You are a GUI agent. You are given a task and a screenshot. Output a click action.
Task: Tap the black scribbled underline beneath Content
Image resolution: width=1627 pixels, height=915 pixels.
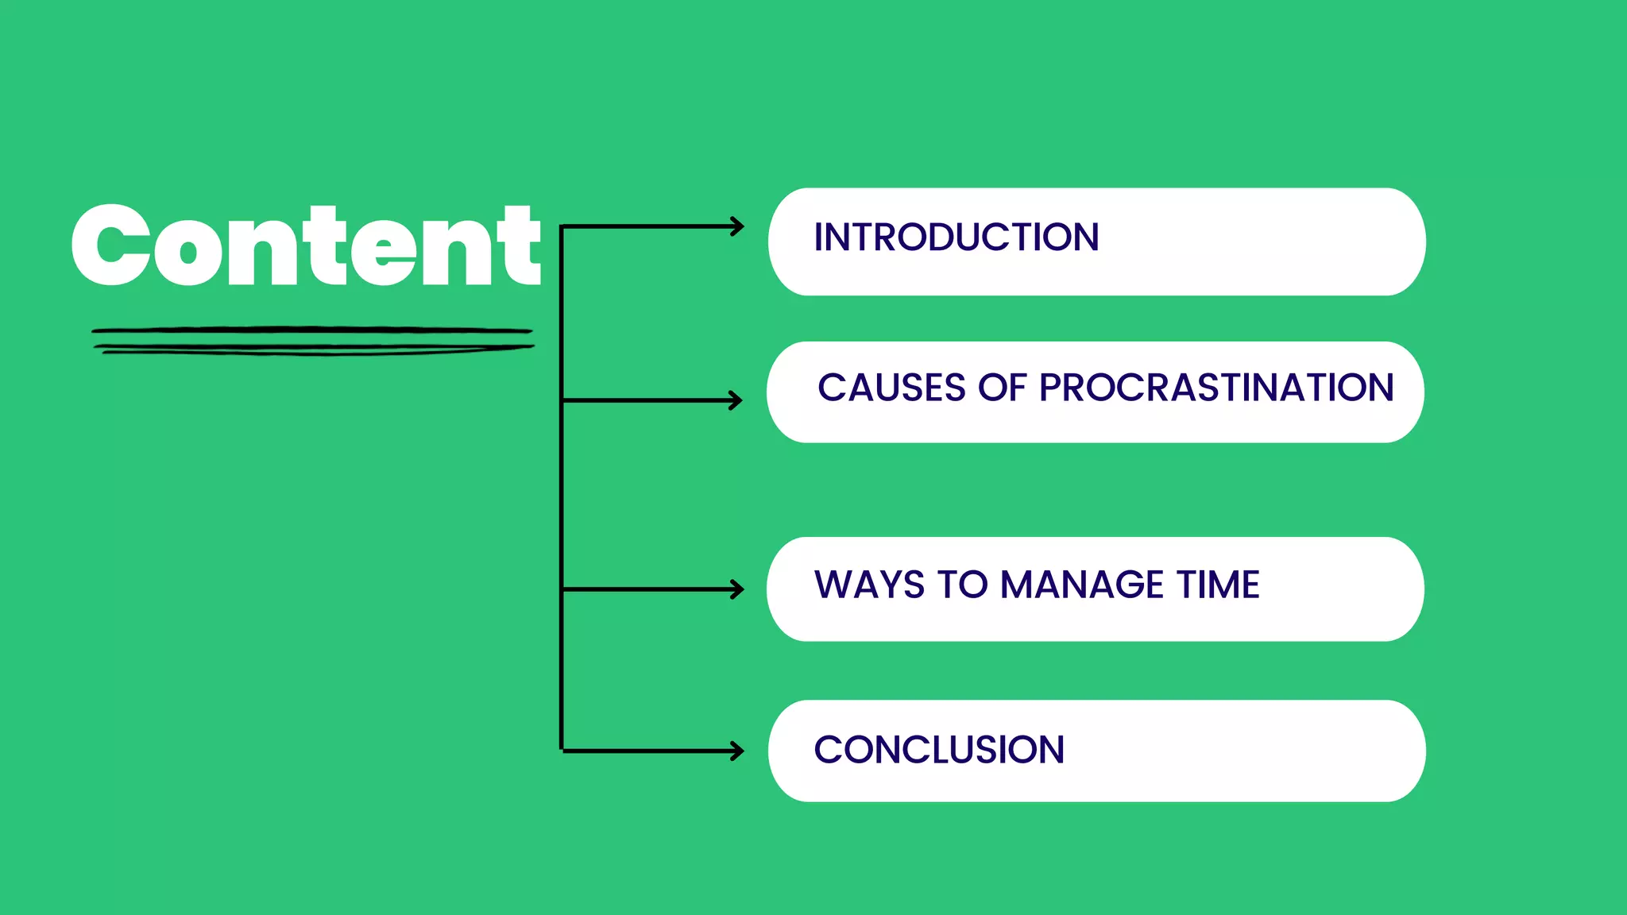(x=312, y=340)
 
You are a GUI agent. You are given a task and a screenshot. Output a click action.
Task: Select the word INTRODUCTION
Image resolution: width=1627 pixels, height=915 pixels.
(x=956, y=237)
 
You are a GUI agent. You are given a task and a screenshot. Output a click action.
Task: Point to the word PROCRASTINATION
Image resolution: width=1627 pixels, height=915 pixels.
(x=1216, y=388)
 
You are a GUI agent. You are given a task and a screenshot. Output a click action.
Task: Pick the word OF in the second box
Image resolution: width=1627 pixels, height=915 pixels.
(x=1003, y=388)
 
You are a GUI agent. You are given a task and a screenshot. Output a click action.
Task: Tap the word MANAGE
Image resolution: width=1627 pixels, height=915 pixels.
(x=1082, y=585)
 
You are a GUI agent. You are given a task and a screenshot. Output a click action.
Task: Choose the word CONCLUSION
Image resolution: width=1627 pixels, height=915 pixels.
(x=939, y=751)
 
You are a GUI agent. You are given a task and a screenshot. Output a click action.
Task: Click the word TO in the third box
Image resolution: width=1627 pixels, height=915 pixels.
(x=962, y=585)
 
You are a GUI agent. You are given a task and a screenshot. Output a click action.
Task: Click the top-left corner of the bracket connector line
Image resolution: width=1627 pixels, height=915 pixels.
(x=562, y=228)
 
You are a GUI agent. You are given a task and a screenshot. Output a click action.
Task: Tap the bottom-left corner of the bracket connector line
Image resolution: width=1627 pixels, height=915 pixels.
(x=562, y=750)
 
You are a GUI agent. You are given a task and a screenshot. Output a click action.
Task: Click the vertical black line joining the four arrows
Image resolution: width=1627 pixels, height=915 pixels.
(x=562, y=492)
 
